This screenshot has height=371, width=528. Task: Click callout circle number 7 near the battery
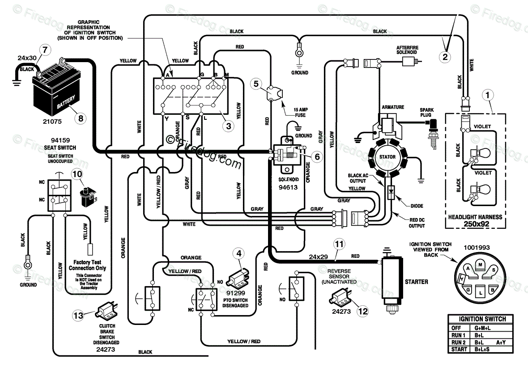[45, 50]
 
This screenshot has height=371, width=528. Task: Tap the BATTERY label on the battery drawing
[66, 102]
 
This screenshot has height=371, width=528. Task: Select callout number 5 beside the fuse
[256, 84]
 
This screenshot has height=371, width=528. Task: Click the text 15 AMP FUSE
[300, 112]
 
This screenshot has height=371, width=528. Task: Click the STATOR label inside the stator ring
[387, 157]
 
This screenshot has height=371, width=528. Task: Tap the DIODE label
[417, 206]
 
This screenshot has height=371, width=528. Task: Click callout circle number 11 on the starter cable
[339, 244]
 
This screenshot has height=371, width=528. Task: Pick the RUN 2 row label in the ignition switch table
[458, 342]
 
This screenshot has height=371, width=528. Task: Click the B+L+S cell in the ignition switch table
[482, 349]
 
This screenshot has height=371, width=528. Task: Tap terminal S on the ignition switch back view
[493, 270]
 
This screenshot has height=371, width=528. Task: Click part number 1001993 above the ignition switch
[477, 248]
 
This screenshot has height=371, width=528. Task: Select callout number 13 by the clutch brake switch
[78, 316]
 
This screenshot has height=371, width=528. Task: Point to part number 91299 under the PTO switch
[236, 293]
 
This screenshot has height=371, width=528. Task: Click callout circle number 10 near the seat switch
[77, 174]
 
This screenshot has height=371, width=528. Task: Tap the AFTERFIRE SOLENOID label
[407, 50]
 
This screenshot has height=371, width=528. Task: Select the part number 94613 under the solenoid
[288, 187]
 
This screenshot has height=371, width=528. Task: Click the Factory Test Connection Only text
[87, 265]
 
